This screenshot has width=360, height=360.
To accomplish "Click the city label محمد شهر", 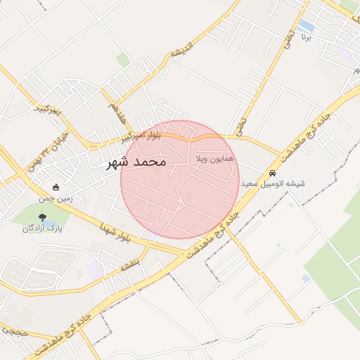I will tap(136, 162).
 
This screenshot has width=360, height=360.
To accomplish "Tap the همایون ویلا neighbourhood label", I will tap(214, 160).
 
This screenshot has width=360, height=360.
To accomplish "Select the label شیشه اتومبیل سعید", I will tap(274, 184).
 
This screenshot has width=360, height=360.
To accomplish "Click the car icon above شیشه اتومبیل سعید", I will tap(272, 173).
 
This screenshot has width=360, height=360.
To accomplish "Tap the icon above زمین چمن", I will tap(56, 188).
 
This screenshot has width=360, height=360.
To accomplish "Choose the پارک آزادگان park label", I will tap(42, 229).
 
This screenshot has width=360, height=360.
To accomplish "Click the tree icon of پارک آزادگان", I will tap(42, 217).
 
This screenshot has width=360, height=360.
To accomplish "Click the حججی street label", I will tap(13, 329).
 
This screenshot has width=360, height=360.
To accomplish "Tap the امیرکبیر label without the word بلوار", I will tap(49, 109).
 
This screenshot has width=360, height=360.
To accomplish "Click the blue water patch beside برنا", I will tap(307, 26).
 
